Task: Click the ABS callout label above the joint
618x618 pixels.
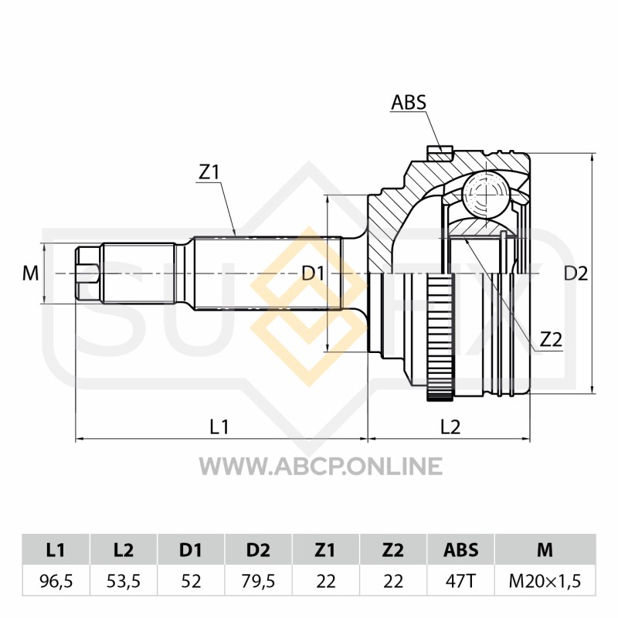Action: [409, 102]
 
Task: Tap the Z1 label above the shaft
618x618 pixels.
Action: [209, 173]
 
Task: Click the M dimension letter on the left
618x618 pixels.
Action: [30, 273]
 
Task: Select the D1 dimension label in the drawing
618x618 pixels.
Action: [312, 273]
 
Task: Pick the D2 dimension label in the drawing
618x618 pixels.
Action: [576, 273]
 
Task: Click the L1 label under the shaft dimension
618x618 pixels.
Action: [221, 426]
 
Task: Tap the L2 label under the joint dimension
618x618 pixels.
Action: [450, 426]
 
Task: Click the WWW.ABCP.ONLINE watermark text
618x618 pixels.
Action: [321, 466]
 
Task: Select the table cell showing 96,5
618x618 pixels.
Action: [56, 581]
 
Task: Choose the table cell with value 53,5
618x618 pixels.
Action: [124, 581]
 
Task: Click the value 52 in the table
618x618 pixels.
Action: [191, 581]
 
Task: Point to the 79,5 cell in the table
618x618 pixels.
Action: [258, 581]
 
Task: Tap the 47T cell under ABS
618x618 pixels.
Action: [460, 581]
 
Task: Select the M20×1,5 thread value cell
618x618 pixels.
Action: [545, 581]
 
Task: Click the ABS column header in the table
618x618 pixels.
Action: [460, 550]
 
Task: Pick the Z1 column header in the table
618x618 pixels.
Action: [325, 550]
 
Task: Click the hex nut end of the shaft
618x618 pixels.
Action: [87, 273]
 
